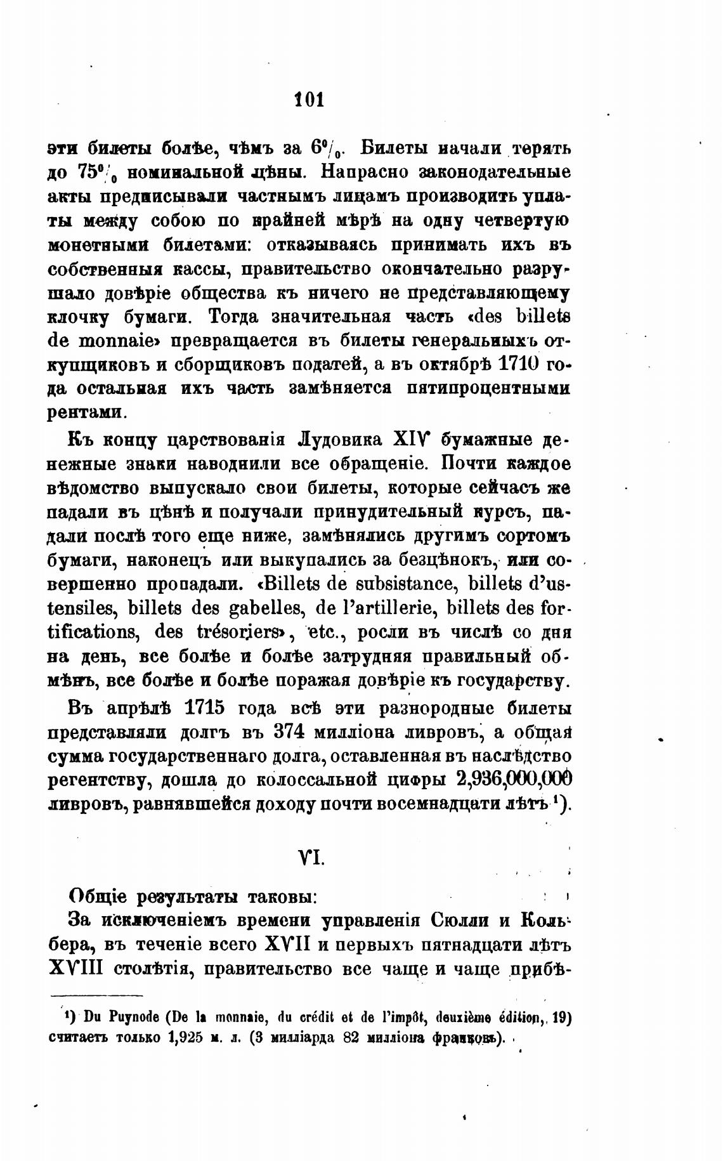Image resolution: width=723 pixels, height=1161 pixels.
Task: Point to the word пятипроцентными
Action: [x=489, y=388]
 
